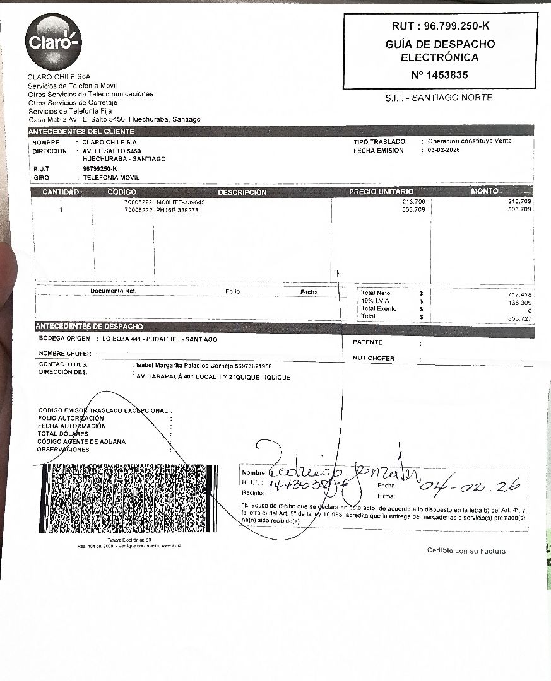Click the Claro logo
[x=54, y=42]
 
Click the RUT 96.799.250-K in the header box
[x=441, y=26]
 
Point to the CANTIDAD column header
[x=60, y=192]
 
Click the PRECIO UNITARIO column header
[x=381, y=192]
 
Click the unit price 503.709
[x=413, y=210]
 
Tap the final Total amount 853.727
[x=520, y=318]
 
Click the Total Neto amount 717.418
[x=520, y=295]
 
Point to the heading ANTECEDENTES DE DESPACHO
[x=90, y=327]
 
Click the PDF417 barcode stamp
[x=129, y=499]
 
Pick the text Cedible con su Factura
[x=466, y=551]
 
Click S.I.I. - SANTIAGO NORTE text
[x=439, y=98]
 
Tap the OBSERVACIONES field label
[x=63, y=450]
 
